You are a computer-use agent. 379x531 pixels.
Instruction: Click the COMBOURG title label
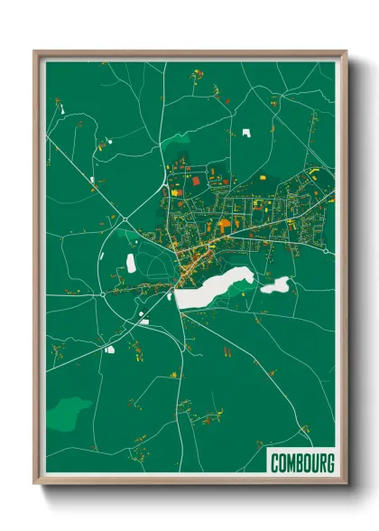pyautogui.click(x=301, y=463)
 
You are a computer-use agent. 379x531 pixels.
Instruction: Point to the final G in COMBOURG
pyautogui.click(x=329, y=463)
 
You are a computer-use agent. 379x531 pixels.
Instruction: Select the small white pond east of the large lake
pyautogui.click(x=275, y=286)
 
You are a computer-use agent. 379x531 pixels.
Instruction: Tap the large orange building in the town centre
pyautogui.click(x=224, y=222)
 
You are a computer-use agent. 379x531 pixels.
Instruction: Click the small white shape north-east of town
pyautogui.click(x=246, y=133)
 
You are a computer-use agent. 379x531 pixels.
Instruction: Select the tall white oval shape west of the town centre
pyautogui.click(x=131, y=263)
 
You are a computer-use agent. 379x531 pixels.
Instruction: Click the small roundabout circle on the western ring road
pyautogui.click(x=105, y=293)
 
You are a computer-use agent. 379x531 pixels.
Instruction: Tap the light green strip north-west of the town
pyautogui.click(x=178, y=140)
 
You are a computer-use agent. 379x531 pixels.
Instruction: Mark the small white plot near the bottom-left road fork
pyautogui.click(x=109, y=349)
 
